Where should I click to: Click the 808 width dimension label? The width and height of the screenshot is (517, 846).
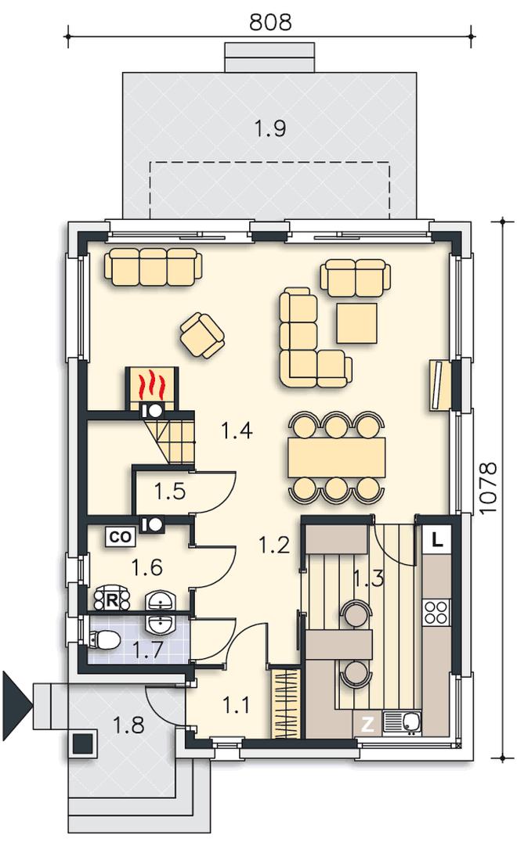tap(270, 22)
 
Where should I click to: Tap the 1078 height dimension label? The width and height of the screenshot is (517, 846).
tap(488, 488)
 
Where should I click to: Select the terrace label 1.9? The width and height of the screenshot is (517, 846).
tap(269, 128)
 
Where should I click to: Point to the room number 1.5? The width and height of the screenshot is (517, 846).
tap(170, 491)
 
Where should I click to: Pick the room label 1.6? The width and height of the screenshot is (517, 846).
tap(147, 567)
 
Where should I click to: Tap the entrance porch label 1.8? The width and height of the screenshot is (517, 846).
tap(128, 725)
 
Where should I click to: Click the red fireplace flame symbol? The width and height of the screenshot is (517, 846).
tap(150, 383)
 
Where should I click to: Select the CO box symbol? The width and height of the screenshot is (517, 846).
tap(121, 538)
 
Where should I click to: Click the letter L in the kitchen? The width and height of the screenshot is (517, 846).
tap(438, 539)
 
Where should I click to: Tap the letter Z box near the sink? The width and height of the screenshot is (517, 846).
tap(367, 725)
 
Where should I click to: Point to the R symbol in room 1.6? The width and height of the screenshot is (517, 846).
tap(112, 599)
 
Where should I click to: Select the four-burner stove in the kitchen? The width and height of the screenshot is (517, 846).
tap(436, 612)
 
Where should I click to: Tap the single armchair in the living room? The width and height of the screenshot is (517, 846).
tap(202, 337)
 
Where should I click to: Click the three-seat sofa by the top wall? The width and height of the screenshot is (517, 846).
tap(154, 267)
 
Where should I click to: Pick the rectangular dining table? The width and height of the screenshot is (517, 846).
tap(337, 458)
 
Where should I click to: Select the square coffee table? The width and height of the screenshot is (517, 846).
tap(356, 322)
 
